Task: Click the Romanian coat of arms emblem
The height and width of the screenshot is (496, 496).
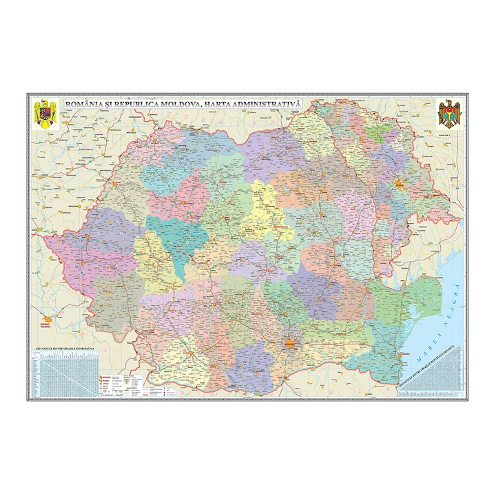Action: point(47,113)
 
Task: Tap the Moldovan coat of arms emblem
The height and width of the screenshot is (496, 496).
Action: point(449,113)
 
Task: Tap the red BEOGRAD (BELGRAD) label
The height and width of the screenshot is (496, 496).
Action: point(47,322)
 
